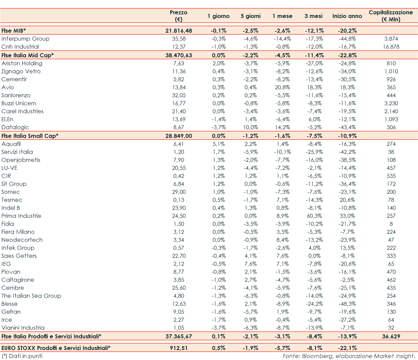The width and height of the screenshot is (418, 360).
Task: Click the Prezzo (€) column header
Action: (x=178, y=16)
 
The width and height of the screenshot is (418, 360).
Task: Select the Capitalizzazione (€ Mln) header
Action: (x=391, y=16)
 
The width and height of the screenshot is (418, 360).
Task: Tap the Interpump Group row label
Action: (x=25, y=39)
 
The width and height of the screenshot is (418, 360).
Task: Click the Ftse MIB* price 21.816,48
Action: (x=179, y=31)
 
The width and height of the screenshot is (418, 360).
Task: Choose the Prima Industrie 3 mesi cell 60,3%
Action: (x=314, y=216)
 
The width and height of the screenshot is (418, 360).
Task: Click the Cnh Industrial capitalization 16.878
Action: (x=391, y=47)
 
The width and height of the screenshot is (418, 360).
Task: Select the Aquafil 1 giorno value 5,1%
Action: (x=219, y=144)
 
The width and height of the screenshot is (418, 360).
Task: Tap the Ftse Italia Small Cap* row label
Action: (x=30, y=136)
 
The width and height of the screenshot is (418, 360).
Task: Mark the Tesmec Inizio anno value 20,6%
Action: (x=347, y=200)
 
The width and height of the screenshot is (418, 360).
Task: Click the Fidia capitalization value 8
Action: (x=391, y=224)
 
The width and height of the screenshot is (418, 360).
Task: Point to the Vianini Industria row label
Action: (x=23, y=328)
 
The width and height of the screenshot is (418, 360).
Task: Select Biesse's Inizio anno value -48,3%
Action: (x=347, y=304)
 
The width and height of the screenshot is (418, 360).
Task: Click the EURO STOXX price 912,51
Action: (x=179, y=348)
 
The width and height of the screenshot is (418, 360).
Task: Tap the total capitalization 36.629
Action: (x=391, y=336)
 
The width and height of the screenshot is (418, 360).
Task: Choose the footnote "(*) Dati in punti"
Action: (x=22, y=356)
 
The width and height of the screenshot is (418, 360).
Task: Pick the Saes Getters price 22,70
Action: (x=179, y=256)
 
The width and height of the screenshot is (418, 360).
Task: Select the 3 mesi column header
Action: (x=313, y=16)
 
